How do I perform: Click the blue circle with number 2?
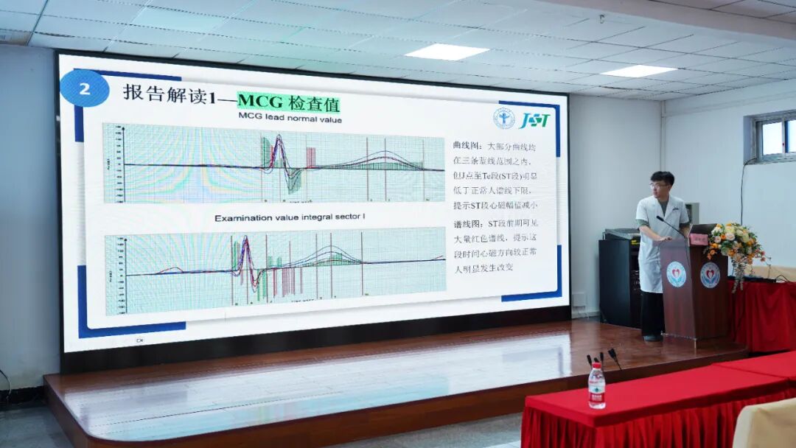(x=84, y=88)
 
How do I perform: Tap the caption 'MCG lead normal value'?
(x=290, y=118)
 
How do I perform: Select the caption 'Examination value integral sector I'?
(x=290, y=218)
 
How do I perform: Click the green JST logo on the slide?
(x=534, y=119)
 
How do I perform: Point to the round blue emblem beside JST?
(x=504, y=119)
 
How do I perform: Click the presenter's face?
(x=662, y=186)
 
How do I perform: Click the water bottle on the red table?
(x=596, y=386)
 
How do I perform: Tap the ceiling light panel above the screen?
(x=447, y=52)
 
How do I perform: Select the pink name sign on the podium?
(x=698, y=239)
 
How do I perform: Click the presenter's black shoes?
(x=652, y=337)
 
